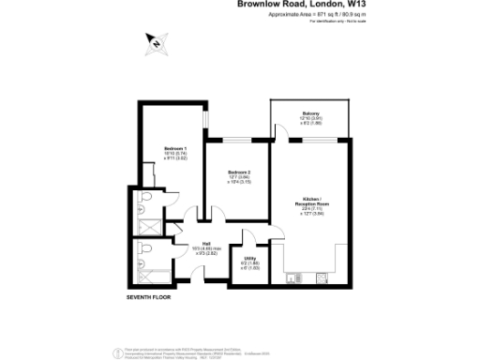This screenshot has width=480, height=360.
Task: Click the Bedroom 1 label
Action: pos(175,148)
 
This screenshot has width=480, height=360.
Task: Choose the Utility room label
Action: pos(250,258)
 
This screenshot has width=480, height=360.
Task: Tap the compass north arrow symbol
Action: pos(155,42)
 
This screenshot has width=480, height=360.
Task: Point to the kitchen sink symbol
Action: pos(293,277)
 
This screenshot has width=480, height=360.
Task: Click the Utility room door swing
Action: pos(250,239)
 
